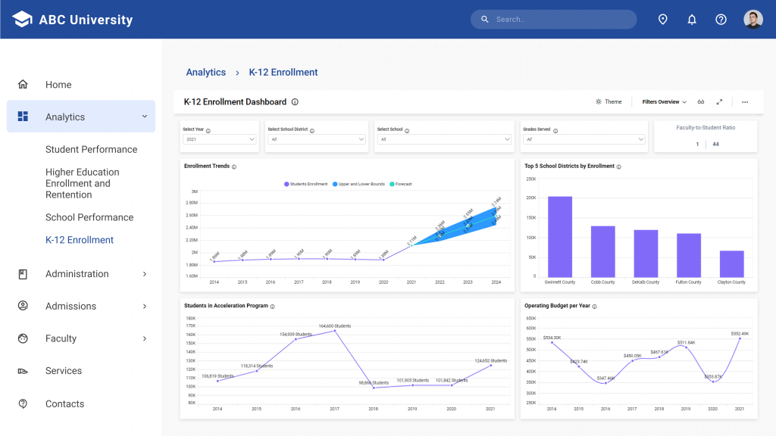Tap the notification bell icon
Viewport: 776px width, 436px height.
coord(692,20)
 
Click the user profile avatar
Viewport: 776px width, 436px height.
coord(753,20)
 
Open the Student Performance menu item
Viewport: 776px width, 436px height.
coord(91,149)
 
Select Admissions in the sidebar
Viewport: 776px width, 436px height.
coord(70,306)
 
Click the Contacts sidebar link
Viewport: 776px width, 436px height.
coord(64,403)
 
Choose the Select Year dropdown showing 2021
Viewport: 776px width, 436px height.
coord(220,139)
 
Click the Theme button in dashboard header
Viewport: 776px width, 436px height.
coord(609,101)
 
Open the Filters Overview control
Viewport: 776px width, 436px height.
coord(664,101)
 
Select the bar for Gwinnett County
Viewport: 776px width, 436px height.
coord(560,236)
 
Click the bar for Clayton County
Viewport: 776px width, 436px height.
coord(731,263)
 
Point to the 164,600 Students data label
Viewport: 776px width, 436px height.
coord(334,326)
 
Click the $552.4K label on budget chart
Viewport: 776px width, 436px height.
coord(739,333)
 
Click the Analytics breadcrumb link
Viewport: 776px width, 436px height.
coord(206,73)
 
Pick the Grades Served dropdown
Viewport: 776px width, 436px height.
coord(584,139)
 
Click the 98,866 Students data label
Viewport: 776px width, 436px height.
coord(374,382)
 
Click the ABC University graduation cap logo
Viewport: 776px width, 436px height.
coord(22,20)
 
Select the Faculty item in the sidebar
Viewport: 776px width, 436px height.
coord(61,338)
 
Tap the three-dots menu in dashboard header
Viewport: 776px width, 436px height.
coord(745,101)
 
